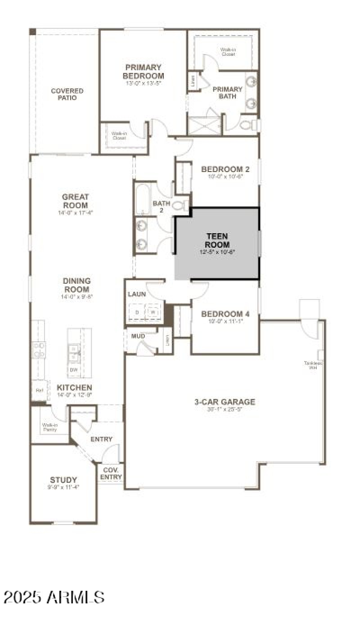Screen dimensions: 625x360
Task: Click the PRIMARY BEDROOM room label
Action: pos(143,72)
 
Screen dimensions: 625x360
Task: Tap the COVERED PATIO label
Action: pos(67,94)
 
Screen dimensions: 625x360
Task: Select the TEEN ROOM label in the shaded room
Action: pos(217,240)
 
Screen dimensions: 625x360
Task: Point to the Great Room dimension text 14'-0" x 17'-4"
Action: pos(75,212)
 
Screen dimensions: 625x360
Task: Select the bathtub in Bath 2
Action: pos(143,198)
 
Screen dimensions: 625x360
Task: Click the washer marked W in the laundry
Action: pos(153,312)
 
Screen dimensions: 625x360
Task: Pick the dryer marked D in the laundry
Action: pos(137,312)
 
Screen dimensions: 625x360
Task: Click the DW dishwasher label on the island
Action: pos(73,370)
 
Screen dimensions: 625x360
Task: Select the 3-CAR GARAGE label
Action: pos(225,402)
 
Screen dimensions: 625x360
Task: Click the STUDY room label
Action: pos(63,480)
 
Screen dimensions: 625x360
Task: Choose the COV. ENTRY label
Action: pos(111,473)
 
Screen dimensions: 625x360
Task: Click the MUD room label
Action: pos(137,336)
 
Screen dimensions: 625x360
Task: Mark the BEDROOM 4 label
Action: pos(225,314)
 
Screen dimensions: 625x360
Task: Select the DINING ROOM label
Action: pos(76,285)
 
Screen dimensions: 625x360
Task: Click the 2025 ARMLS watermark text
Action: pos(54,598)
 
